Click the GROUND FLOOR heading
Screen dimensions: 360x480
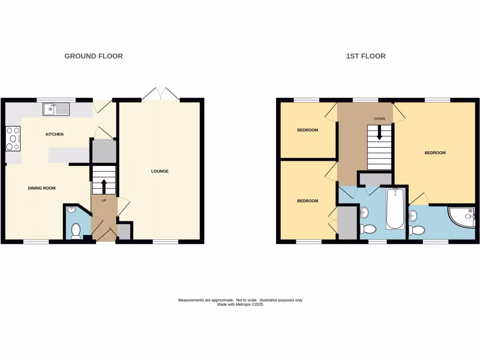93,56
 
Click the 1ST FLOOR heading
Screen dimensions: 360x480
366,56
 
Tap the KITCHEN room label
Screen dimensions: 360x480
54,135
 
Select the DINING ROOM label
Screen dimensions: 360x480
42,188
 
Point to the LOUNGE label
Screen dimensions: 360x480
159,171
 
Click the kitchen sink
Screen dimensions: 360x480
56,109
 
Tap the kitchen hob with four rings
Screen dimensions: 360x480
13,139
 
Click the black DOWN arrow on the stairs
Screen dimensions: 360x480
380,134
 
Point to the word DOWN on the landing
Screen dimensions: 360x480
379,119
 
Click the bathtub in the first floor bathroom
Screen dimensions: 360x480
395,208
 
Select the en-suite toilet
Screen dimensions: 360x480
415,230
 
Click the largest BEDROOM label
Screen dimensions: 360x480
435,153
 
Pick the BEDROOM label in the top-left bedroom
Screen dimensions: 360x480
307,130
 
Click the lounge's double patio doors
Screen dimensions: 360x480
160,94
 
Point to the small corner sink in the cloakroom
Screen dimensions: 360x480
71,210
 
